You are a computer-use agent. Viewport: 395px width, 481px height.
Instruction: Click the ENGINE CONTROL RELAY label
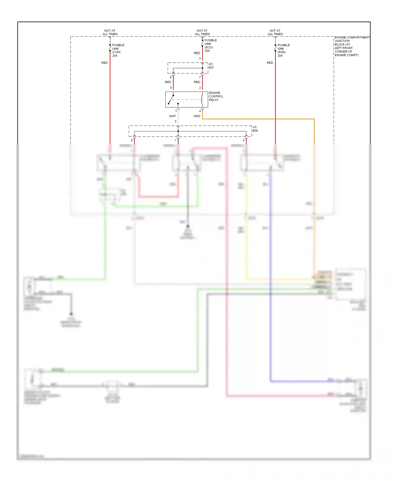pos(216,96)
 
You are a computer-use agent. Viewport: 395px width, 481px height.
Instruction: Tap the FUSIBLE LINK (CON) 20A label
pos(118,50)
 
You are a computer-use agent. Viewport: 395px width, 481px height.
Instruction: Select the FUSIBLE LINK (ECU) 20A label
pos(210,46)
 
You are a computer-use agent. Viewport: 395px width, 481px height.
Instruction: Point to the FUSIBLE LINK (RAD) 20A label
pos(283,50)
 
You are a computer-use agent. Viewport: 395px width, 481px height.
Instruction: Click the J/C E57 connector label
pos(211,66)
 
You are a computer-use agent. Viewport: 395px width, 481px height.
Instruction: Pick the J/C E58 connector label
pos(255,129)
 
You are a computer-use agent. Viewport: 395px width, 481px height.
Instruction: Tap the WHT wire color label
pos(172,116)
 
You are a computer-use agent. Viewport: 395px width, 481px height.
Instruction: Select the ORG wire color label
pos(197,116)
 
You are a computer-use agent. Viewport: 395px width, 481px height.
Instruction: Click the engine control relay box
pos(186,99)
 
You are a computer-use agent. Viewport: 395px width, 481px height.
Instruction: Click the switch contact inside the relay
pos(171,99)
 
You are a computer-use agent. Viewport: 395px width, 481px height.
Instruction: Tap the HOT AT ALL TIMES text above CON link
pos(110,32)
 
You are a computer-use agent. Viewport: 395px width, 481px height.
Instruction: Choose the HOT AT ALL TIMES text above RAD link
pos(275,32)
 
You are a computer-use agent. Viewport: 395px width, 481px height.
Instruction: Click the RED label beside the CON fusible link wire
pos(105,63)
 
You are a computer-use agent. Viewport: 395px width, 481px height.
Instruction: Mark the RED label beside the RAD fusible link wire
pos(270,63)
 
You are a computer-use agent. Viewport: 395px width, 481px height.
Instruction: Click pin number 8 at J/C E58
pos(132,140)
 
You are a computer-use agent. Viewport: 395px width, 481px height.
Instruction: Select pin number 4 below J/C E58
pos(244,140)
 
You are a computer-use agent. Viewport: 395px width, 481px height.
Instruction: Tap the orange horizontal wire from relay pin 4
pos(258,119)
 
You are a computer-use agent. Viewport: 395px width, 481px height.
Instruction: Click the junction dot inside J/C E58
pos(178,131)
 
